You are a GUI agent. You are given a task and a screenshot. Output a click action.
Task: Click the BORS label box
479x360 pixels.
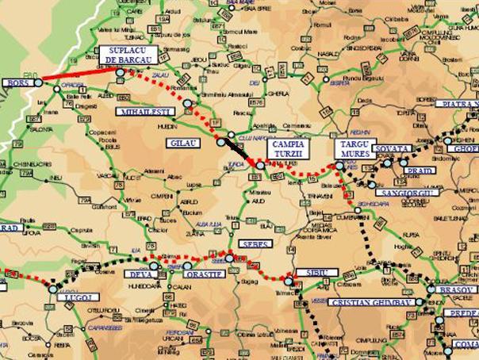(15, 82)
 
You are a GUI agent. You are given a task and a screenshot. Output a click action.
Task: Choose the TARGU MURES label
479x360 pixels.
(351, 148)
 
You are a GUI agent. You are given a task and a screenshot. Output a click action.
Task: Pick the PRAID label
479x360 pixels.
(418, 170)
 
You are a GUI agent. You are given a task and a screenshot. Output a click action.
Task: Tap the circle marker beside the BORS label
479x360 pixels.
(38, 82)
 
